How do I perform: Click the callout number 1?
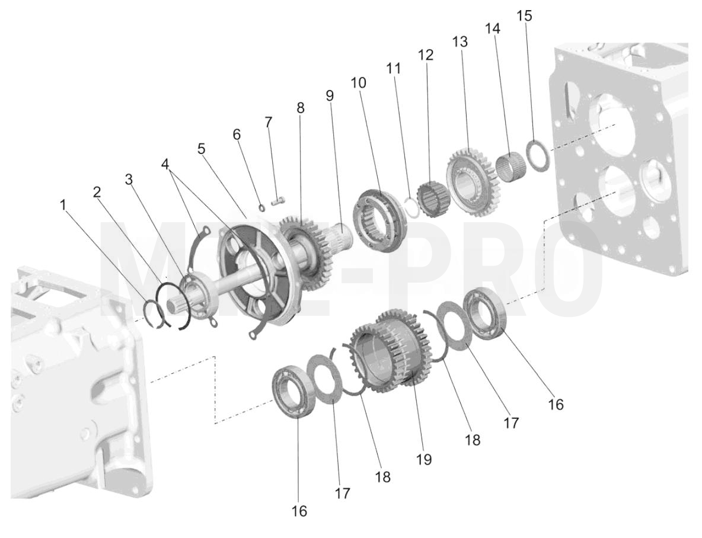pos(63,205)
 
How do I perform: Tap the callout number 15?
pos(524,15)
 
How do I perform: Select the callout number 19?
pos(423,459)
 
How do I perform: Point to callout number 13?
pos(460,41)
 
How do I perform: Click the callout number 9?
pos(330,96)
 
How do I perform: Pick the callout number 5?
pos(202,149)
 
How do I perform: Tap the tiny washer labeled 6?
pos(262,207)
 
